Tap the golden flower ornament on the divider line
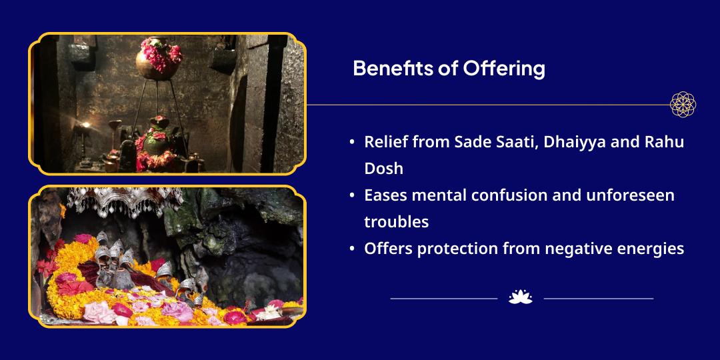point(683,104)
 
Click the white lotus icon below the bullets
point(521,297)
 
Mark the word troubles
point(397,222)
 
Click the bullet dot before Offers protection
point(352,249)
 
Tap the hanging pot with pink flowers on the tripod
point(159,59)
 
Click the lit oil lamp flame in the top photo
point(85,125)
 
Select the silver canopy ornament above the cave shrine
point(125,200)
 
